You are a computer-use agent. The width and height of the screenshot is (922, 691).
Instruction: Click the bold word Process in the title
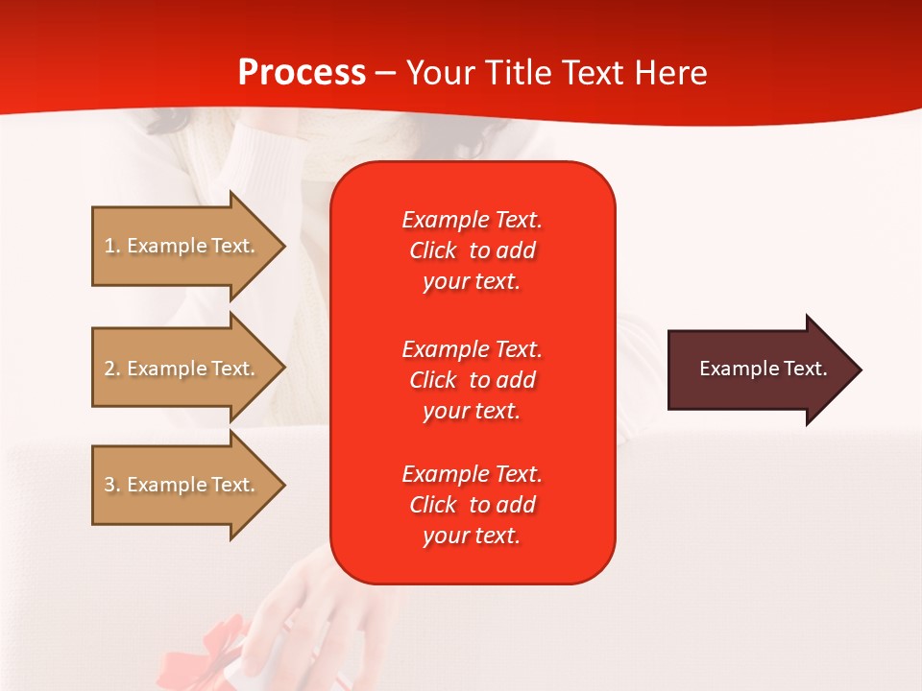[x=302, y=73]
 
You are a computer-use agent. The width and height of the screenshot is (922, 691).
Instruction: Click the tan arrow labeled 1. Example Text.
[x=182, y=246]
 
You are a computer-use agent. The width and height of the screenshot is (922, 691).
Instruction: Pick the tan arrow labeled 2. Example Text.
[x=182, y=369]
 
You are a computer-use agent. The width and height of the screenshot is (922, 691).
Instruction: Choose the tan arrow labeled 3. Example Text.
[x=182, y=485]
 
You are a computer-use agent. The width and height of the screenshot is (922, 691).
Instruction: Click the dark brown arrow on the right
[x=759, y=369]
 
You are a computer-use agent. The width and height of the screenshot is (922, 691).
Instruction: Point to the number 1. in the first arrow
[x=112, y=246]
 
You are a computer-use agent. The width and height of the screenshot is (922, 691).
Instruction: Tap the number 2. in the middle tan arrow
[x=112, y=369]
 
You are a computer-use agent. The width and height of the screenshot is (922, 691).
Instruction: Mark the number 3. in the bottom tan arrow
[x=112, y=485]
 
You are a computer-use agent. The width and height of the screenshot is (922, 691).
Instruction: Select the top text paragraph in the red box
[x=472, y=250]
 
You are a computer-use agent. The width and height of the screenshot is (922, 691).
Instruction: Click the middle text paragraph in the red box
[x=472, y=379]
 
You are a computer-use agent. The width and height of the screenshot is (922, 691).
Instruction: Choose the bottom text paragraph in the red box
[x=472, y=505]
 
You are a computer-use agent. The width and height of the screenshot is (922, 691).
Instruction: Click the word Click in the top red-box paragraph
[x=433, y=250]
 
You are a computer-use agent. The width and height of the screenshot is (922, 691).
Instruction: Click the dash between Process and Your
[x=386, y=73]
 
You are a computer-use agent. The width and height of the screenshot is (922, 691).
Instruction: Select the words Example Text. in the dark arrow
[x=763, y=369]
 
